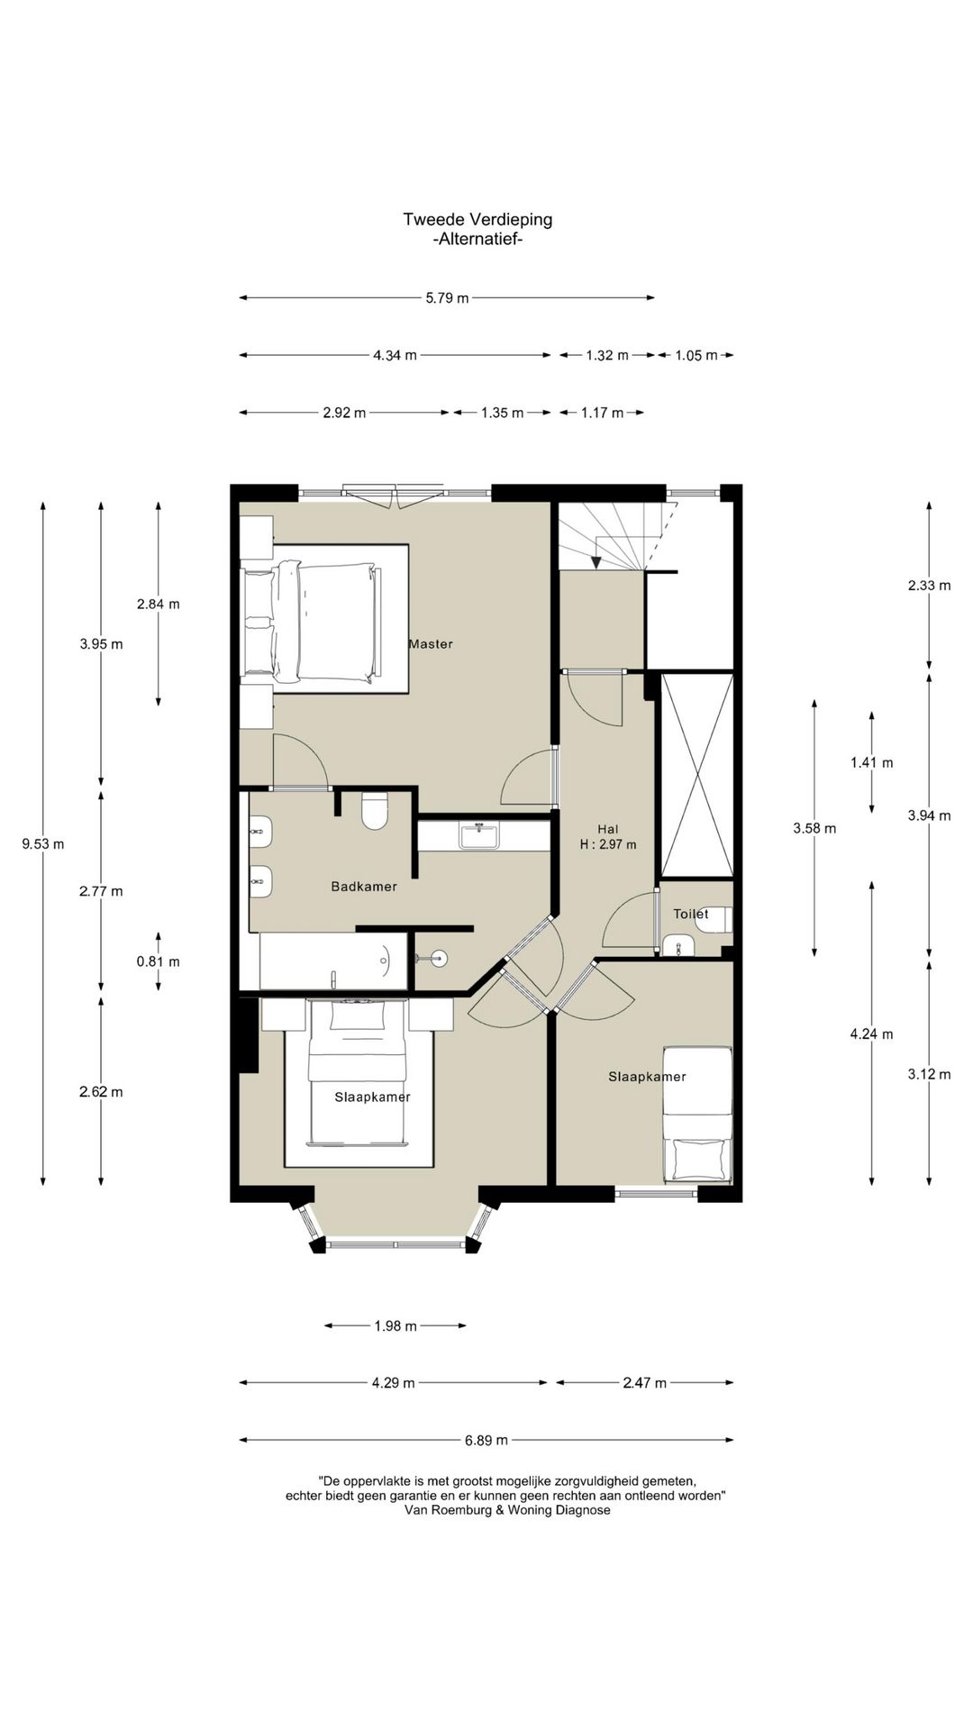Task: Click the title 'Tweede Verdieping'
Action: pyautogui.click(x=477, y=219)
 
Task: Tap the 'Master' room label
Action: pyautogui.click(x=431, y=644)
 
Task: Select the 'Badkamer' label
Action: pyautogui.click(x=364, y=887)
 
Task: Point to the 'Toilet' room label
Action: pyautogui.click(x=691, y=914)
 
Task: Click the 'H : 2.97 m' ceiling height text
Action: pyautogui.click(x=608, y=845)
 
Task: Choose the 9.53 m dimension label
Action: pyautogui.click(x=43, y=844)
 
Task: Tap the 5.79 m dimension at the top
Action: pyautogui.click(x=448, y=298)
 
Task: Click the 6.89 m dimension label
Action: pyautogui.click(x=486, y=1440)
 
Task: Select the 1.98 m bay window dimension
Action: pyautogui.click(x=396, y=1325)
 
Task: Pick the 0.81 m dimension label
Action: pyautogui.click(x=159, y=961)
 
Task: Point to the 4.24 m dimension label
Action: pyautogui.click(x=872, y=1033)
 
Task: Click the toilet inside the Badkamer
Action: pyautogui.click(x=374, y=810)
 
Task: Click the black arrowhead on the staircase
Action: pyautogui.click(x=596, y=562)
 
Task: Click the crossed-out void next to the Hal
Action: pyautogui.click(x=697, y=775)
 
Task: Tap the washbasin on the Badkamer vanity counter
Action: pyautogui.click(x=478, y=835)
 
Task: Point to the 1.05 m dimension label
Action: pyautogui.click(x=696, y=355)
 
